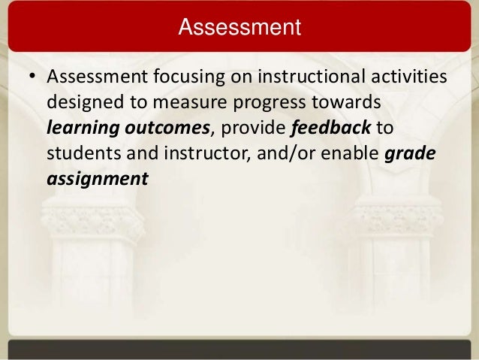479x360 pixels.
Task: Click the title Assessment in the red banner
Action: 239,29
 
